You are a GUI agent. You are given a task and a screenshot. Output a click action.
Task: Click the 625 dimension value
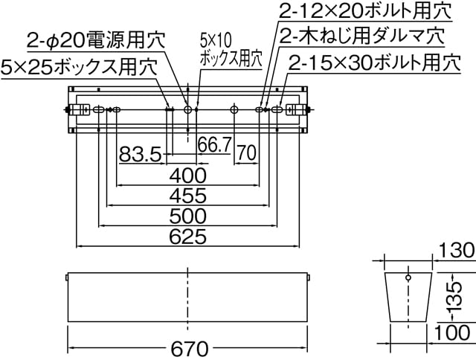click(x=188, y=237)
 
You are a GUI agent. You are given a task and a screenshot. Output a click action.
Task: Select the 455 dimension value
click(x=188, y=196)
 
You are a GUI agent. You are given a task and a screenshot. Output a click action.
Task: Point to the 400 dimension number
click(x=188, y=176)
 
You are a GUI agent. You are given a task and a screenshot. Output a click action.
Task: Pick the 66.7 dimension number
click(x=214, y=145)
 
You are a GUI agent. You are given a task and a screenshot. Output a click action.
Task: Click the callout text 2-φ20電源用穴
click(x=97, y=39)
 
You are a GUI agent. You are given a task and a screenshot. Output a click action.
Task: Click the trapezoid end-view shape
click(x=408, y=297)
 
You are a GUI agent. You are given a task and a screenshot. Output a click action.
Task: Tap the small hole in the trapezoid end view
click(x=408, y=279)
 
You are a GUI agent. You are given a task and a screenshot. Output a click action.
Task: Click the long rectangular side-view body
click(x=187, y=298)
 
